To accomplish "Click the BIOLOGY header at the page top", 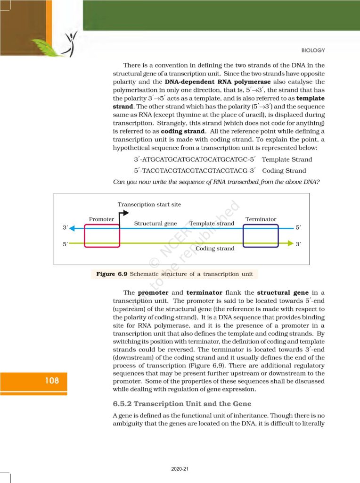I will (313, 50).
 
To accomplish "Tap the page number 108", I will (49, 380).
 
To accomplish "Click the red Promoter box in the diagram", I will (102, 235).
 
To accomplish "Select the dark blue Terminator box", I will (261, 235).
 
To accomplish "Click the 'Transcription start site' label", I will (149, 204).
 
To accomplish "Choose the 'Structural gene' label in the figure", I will (155, 223).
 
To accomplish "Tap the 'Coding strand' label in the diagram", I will (215, 249).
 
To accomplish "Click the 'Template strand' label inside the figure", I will (212, 223).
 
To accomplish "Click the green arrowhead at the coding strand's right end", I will (290, 244).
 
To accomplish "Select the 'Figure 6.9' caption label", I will (112, 274).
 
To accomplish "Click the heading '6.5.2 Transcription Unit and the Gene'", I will (182, 404).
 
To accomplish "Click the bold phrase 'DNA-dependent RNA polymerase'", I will (221, 82).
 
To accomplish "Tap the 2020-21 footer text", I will (180, 469).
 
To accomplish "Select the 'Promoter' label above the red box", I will (101, 219).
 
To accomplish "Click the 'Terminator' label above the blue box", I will (261, 219).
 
